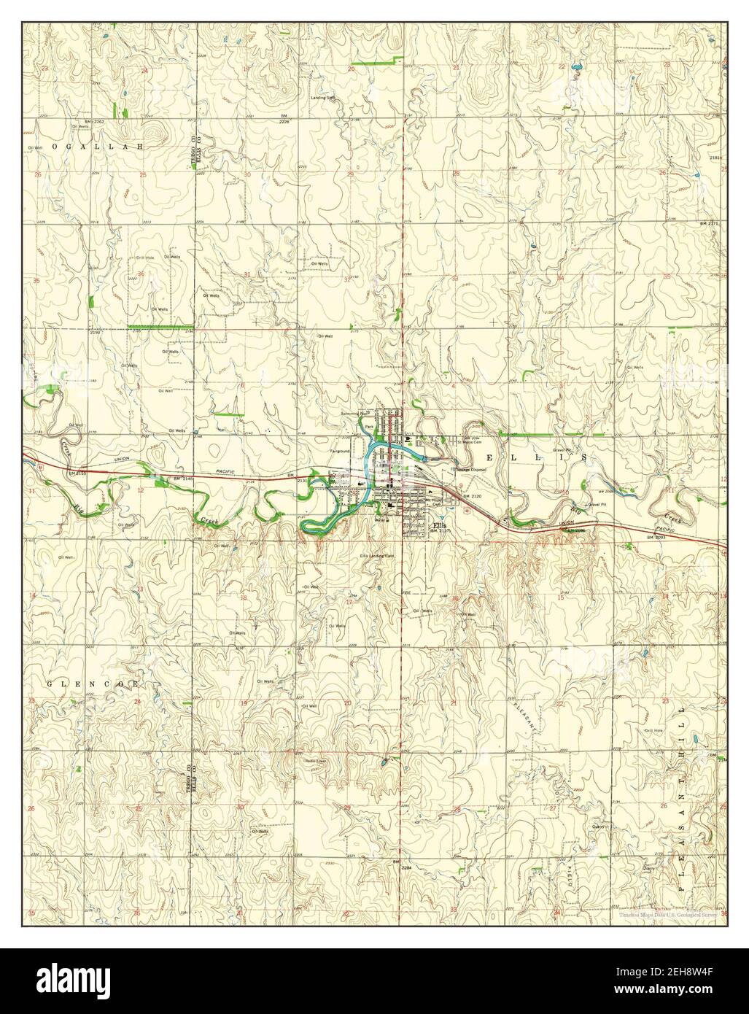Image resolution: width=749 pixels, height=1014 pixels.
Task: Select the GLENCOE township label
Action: (x=93, y=684)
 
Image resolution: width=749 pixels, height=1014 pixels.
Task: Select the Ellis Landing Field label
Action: (x=377, y=556)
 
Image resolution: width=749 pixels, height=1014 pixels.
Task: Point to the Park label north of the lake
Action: (x=369, y=426)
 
